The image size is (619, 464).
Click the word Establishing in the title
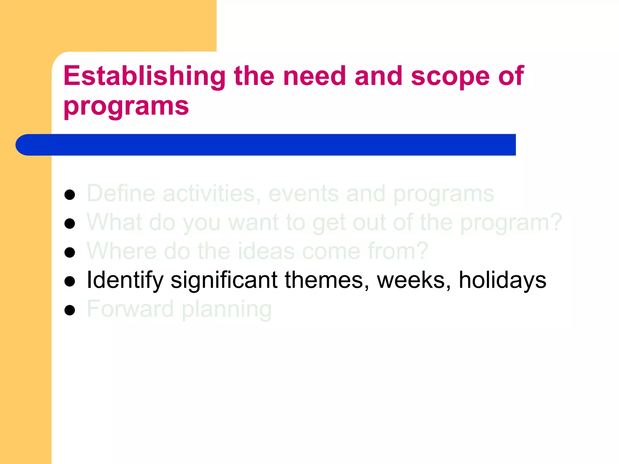144,76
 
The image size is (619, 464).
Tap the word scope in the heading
450,76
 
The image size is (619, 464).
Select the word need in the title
314,76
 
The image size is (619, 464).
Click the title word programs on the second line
126,106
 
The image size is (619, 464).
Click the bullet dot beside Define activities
70,195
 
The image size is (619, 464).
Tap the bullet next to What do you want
70,224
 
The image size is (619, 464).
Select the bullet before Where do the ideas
70,252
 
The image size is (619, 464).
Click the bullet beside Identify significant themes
70,281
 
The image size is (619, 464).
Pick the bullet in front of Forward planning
70,310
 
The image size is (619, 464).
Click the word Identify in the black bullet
125,280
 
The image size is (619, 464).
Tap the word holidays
502,280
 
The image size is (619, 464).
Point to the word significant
224,280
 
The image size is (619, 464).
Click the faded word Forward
130,309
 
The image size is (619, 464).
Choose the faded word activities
212,193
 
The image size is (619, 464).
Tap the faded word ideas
266,251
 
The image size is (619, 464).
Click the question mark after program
556,222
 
